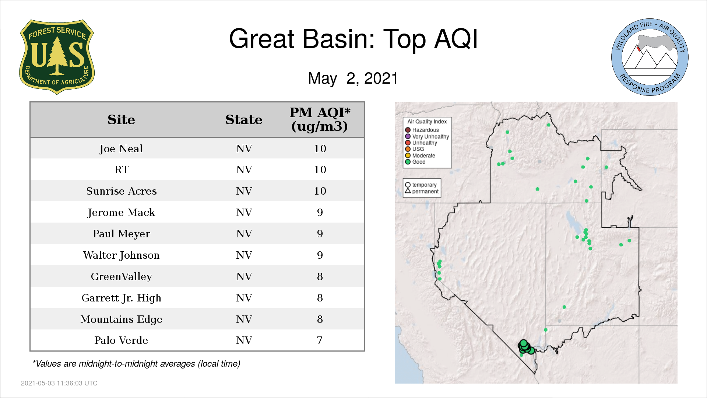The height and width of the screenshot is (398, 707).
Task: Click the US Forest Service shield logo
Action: [57, 57]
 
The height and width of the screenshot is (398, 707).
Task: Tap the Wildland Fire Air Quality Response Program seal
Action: [650, 57]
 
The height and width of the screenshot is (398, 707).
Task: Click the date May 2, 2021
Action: [353, 78]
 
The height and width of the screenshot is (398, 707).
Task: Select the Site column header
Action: [121, 120]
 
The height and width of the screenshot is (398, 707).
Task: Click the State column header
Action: [244, 120]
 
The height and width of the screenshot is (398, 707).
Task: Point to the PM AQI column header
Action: [320, 119]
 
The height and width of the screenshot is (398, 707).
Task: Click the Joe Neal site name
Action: [121, 149]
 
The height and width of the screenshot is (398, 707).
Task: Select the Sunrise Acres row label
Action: [122, 191]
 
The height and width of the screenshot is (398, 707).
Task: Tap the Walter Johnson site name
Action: [122, 255]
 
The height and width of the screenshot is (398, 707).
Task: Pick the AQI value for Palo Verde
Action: [320, 340]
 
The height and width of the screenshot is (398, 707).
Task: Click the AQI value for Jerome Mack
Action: [320, 212]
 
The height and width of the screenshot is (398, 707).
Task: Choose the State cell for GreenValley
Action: [244, 276]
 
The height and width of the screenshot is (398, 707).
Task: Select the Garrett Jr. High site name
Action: [122, 298]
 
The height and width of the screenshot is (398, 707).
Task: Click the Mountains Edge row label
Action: [122, 319]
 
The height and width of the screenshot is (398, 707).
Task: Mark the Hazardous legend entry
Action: [422, 130]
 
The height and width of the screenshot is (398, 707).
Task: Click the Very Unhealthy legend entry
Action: [427, 137]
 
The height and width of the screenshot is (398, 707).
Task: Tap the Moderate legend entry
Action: [420, 156]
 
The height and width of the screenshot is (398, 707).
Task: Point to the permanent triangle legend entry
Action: [422, 191]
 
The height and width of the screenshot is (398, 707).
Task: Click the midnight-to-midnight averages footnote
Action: [136, 364]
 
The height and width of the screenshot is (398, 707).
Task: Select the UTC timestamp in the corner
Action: [59, 383]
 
